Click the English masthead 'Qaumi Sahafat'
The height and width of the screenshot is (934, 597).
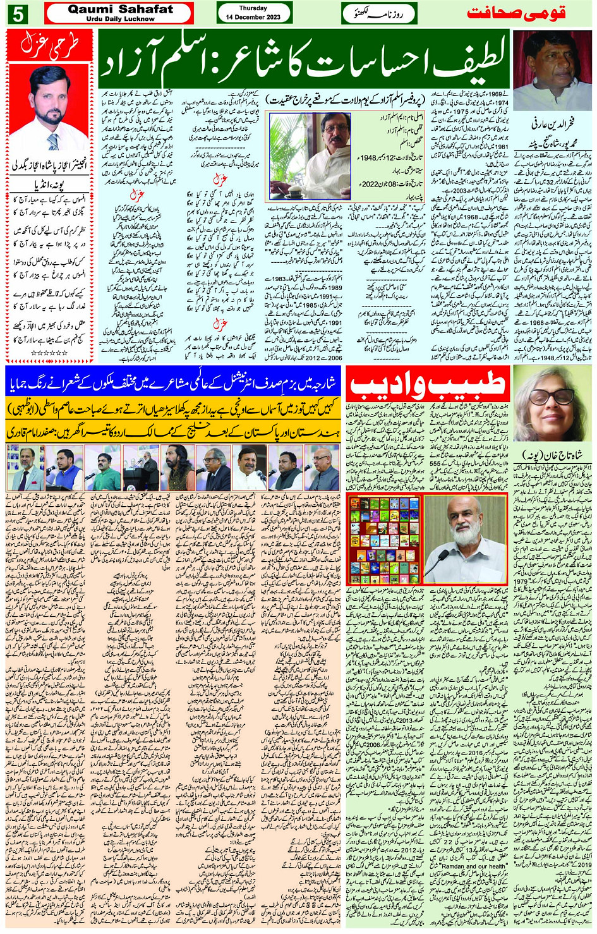coord(120,9)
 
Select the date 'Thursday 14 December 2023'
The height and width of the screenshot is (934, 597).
coord(253,13)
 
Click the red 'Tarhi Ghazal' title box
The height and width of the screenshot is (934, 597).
coord(49,44)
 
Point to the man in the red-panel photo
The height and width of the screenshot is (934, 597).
coord(49,107)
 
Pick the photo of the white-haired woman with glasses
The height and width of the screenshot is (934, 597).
coord(551,404)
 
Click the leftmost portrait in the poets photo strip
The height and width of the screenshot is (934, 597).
coord(25,468)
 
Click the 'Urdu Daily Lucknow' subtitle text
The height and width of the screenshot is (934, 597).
coord(120,19)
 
